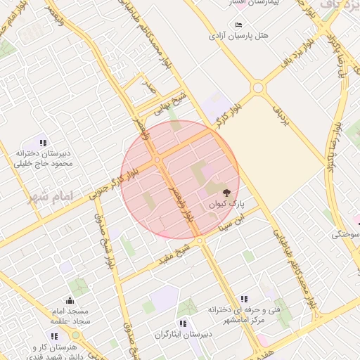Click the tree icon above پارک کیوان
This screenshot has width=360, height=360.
pyautogui.click(x=226, y=192)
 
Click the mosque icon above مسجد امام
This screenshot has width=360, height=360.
pyautogui.click(x=69, y=301)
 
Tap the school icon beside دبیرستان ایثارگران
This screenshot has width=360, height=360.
pyautogui.click(x=183, y=323)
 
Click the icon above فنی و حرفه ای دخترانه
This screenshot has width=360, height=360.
pyautogui.click(x=243, y=299)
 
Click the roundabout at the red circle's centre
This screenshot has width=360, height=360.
pyautogui.click(x=157, y=161)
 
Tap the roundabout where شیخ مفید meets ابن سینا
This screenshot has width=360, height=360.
pyautogui.click(x=201, y=240)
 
